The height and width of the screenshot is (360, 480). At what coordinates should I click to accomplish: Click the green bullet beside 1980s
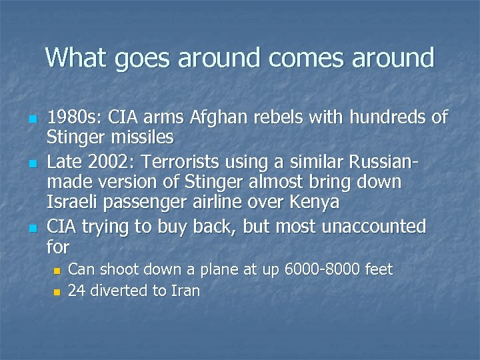point(33,120)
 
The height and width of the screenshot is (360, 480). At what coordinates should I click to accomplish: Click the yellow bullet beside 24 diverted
point(57,292)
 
